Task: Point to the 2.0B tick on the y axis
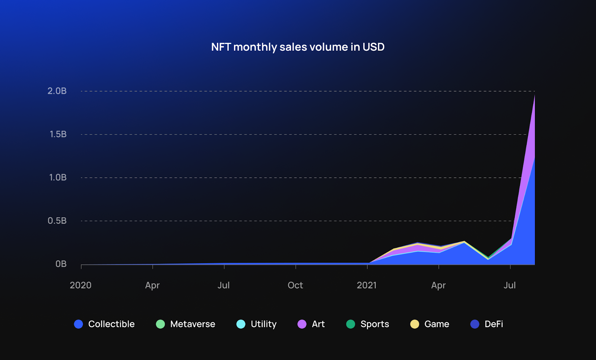(x=57, y=91)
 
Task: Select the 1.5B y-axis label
(x=58, y=134)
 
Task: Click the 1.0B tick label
(x=58, y=177)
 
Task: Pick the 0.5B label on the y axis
(x=57, y=221)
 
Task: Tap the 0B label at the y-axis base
(x=61, y=264)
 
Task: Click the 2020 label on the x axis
(x=80, y=285)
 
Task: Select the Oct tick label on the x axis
(x=295, y=285)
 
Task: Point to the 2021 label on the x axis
(x=367, y=285)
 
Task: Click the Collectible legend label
(x=111, y=324)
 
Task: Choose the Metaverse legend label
(x=193, y=324)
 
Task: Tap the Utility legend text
(x=264, y=324)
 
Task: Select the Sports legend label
(x=375, y=324)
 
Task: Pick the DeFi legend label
(x=494, y=324)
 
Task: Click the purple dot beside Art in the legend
(x=302, y=324)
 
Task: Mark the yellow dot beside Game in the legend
(x=415, y=324)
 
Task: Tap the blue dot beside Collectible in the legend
(x=79, y=324)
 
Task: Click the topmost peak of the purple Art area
(x=535, y=96)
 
